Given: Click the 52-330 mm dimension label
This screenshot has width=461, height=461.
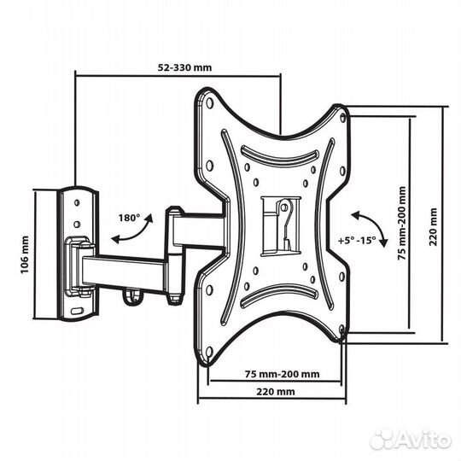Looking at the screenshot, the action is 184,67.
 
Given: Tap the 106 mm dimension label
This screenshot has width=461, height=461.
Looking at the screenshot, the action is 25,254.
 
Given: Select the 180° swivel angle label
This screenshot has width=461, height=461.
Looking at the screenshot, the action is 129,218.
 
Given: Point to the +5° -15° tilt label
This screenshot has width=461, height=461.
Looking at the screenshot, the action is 357,241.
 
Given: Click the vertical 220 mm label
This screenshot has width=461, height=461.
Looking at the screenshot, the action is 433,227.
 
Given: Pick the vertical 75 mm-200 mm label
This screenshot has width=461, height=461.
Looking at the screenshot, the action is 401,223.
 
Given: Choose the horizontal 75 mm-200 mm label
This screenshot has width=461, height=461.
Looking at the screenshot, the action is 283,374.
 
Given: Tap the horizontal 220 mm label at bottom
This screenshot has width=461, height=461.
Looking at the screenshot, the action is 276,392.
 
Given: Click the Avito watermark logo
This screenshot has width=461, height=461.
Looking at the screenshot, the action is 411,441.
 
